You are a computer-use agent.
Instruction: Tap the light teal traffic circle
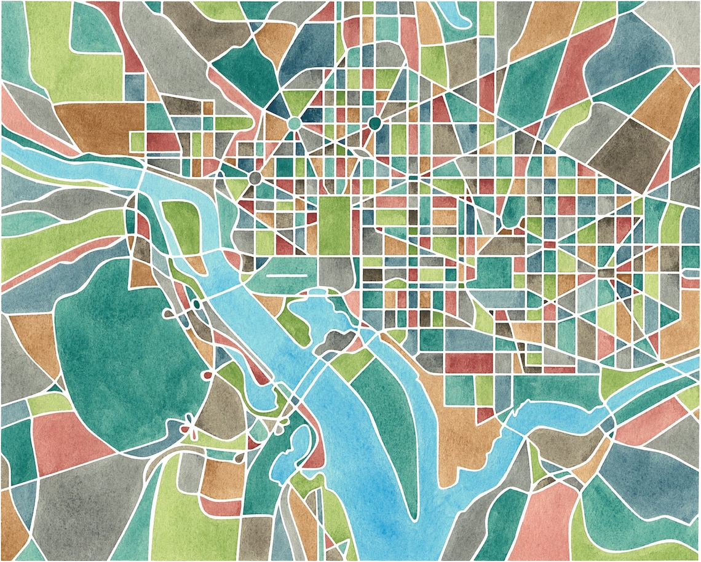pos(294,123)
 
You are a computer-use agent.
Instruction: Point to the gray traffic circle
pos(255,178)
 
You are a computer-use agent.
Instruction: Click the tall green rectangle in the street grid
pos(334,225)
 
